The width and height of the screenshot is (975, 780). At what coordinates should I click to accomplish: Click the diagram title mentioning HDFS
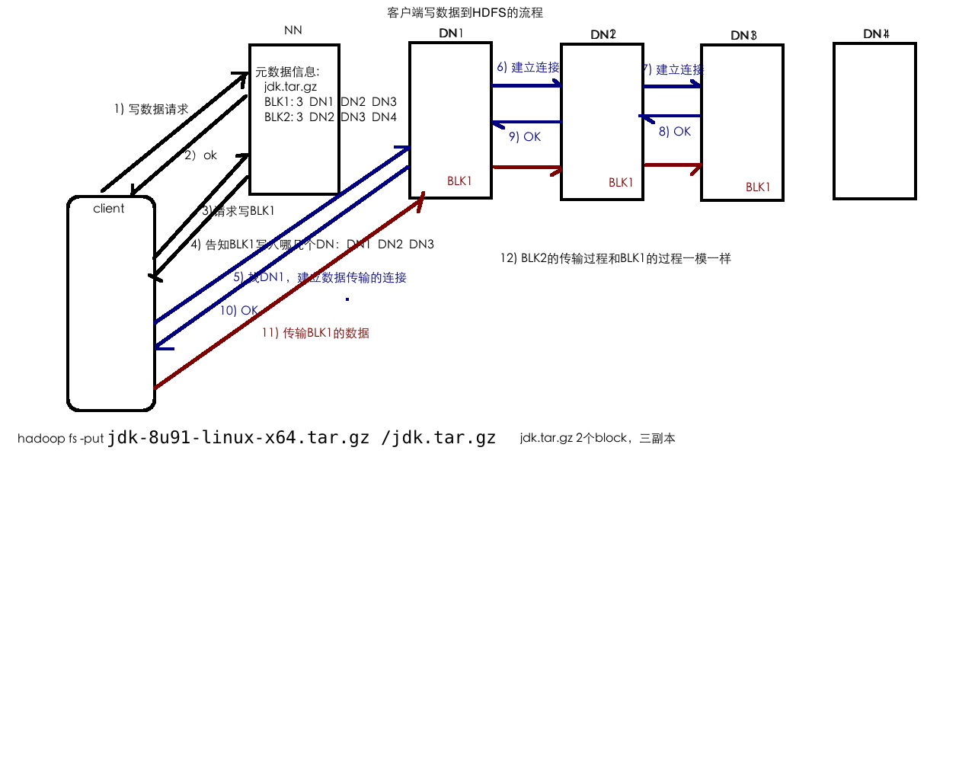pyautogui.click(x=465, y=13)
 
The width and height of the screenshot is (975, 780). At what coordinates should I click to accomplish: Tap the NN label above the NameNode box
pyautogui.click(x=293, y=30)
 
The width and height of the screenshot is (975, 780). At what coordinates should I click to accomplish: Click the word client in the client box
pyautogui.click(x=109, y=209)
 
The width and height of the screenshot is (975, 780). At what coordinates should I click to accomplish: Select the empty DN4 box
pyautogui.click(x=874, y=121)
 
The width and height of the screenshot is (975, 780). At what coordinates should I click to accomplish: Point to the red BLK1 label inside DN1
pyautogui.click(x=459, y=181)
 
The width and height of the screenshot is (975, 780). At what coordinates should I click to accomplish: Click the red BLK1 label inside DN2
pyautogui.click(x=621, y=183)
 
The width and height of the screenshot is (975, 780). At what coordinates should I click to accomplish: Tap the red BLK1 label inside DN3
pyautogui.click(x=758, y=187)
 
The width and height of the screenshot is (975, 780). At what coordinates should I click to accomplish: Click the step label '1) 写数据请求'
pyautogui.click(x=151, y=109)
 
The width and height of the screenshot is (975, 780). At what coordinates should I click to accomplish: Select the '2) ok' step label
pyautogui.click(x=200, y=155)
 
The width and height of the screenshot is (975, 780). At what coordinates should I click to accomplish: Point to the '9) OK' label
pyautogui.click(x=525, y=137)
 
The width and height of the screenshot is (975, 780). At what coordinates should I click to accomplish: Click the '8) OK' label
pyautogui.click(x=675, y=132)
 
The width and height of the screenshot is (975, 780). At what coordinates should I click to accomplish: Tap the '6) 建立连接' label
pyautogui.click(x=528, y=68)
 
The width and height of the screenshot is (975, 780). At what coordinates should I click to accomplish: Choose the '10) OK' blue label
pyautogui.click(x=239, y=311)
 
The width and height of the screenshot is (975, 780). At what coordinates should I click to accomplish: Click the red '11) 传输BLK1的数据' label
pyautogui.click(x=315, y=333)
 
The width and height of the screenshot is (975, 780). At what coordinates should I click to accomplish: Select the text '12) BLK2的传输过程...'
pyautogui.click(x=615, y=258)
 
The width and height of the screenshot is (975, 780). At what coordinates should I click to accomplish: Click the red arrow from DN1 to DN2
pyautogui.click(x=526, y=168)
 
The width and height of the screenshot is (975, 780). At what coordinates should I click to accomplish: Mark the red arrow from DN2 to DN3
pyautogui.click(x=672, y=165)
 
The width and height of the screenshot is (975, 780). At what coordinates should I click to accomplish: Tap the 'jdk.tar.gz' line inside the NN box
pyautogui.click(x=290, y=87)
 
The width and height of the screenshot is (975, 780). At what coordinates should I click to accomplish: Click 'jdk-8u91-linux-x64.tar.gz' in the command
pyautogui.click(x=238, y=438)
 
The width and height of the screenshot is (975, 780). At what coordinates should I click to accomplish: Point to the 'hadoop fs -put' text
pyautogui.click(x=60, y=439)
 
